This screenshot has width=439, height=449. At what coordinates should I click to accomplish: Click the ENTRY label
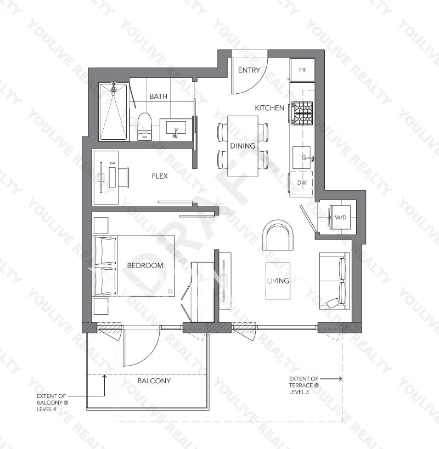[x=249, y=70]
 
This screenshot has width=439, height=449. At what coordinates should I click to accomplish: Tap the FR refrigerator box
[x=302, y=70]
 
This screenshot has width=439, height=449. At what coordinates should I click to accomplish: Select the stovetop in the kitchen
[x=302, y=112]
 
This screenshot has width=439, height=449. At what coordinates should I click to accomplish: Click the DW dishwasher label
[x=302, y=182]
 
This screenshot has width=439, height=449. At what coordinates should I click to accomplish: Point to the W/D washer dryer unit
[x=340, y=218]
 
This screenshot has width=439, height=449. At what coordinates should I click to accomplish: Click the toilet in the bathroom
[x=144, y=127]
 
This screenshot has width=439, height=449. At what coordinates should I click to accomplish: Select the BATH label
[x=158, y=96]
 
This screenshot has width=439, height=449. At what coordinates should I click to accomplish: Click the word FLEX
[x=160, y=176]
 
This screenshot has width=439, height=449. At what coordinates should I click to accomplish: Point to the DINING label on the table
[x=243, y=146]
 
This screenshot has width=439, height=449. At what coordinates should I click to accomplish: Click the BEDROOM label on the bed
[x=145, y=265]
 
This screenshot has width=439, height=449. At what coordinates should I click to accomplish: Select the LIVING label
[x=278, y=281]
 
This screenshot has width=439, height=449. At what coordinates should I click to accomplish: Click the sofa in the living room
[x=334, y=281]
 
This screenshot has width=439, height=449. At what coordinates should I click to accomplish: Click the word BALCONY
[x=154, y=380]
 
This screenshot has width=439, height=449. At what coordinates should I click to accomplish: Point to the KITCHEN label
[x=269, y=108]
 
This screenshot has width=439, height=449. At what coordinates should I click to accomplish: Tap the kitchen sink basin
[x=302, y=157]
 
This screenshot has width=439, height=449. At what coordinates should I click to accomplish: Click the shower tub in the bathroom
[x=114, y=112]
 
